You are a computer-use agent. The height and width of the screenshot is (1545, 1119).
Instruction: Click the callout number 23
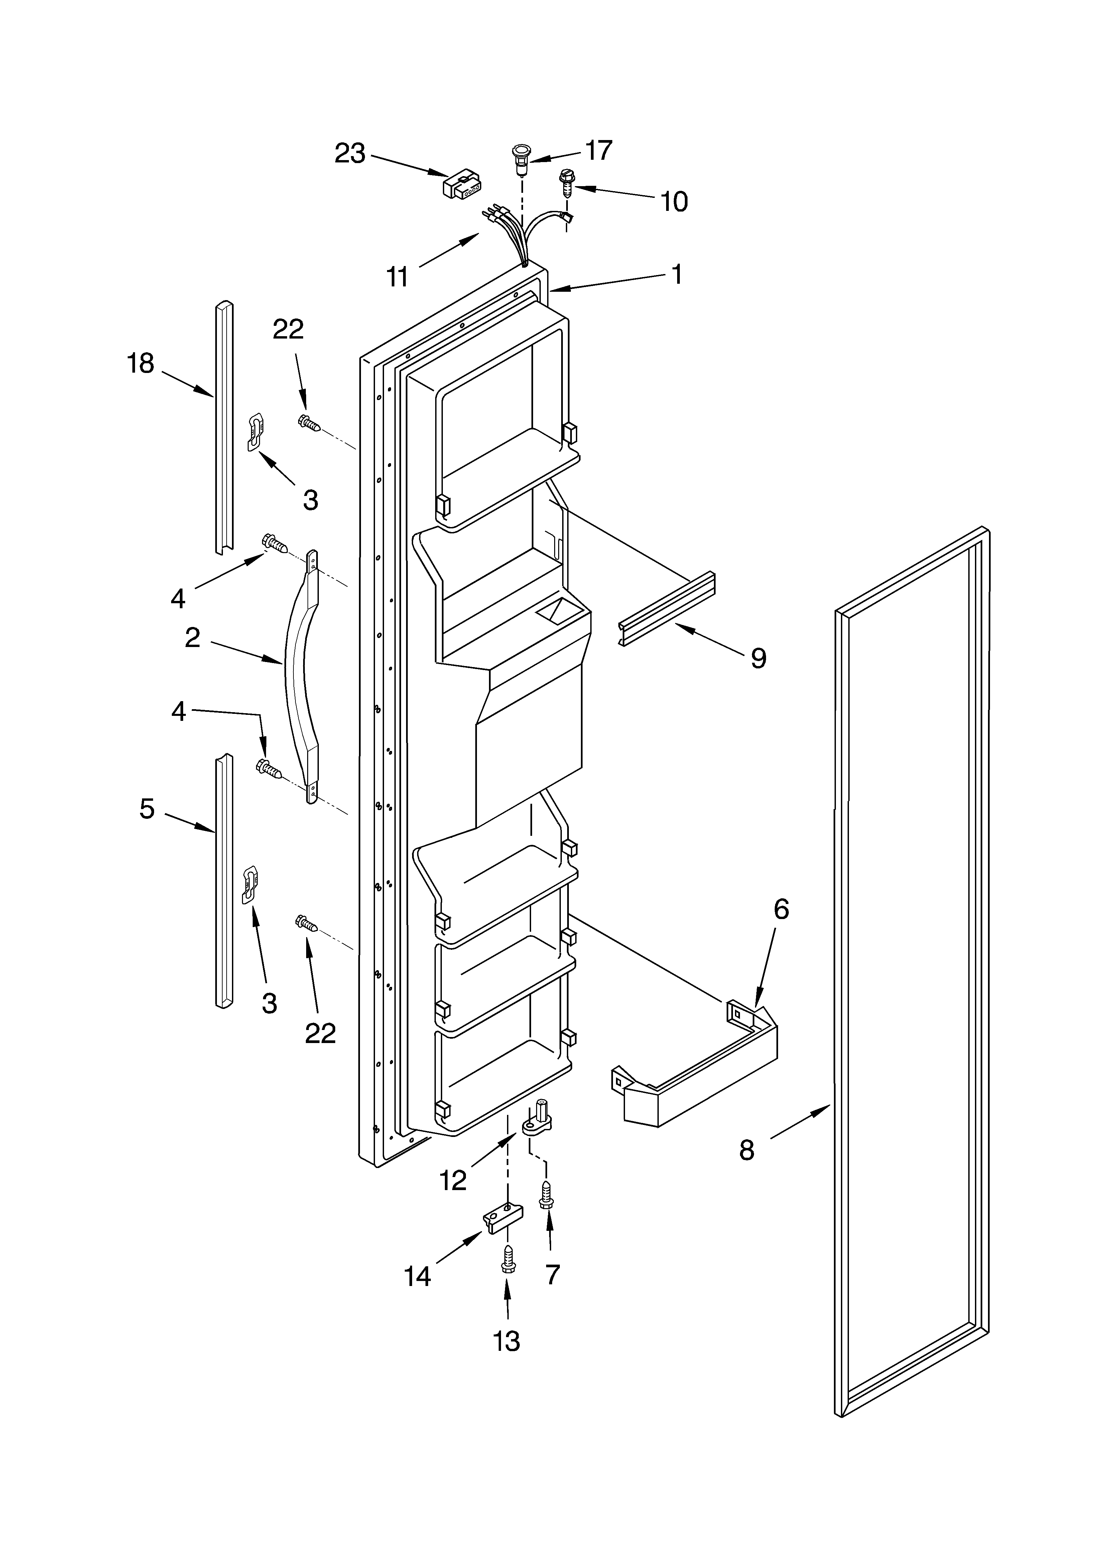tap(350, 154)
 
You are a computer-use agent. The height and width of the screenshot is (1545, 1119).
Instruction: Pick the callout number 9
tap(758, 658)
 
